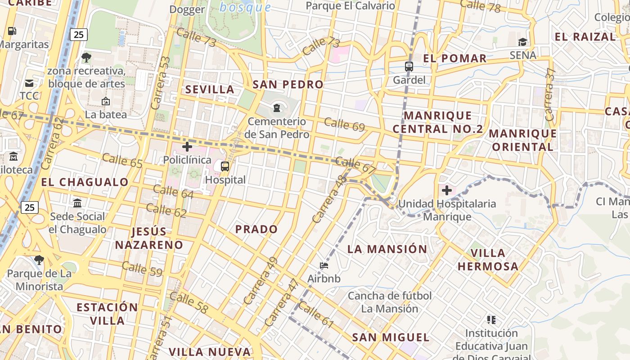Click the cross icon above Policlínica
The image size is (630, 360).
tap(187, 146)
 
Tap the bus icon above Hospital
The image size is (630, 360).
tap(225, 166)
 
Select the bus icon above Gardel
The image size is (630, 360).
tap(409, 67)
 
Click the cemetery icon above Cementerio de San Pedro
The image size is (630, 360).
tap(276, 108)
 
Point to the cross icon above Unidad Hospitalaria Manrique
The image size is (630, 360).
tap(447, 190)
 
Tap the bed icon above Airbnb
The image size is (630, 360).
tap(324, 265)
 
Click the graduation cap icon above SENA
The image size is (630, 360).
tap(522, 42)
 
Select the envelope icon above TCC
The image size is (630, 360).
tap(29, 83)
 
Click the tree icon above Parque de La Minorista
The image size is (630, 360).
tap(39, 260)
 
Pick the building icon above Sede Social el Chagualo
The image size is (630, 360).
tap(77, 203)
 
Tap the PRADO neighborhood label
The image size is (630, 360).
tap(256, 229)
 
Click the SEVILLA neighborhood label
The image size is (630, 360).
tap(210, 89)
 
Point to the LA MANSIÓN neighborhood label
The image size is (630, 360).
tap(387, 249)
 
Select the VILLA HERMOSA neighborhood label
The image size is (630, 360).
tap(488, 259)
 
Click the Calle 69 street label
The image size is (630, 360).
tap(344, 124)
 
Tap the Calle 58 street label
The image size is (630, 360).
tap(189, 302)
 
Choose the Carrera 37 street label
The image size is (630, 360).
tap(550, 94)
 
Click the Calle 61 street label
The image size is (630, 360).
tap(316, 314)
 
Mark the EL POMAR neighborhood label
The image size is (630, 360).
tap(455, 58)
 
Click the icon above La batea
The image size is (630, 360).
tap(106, 101)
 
